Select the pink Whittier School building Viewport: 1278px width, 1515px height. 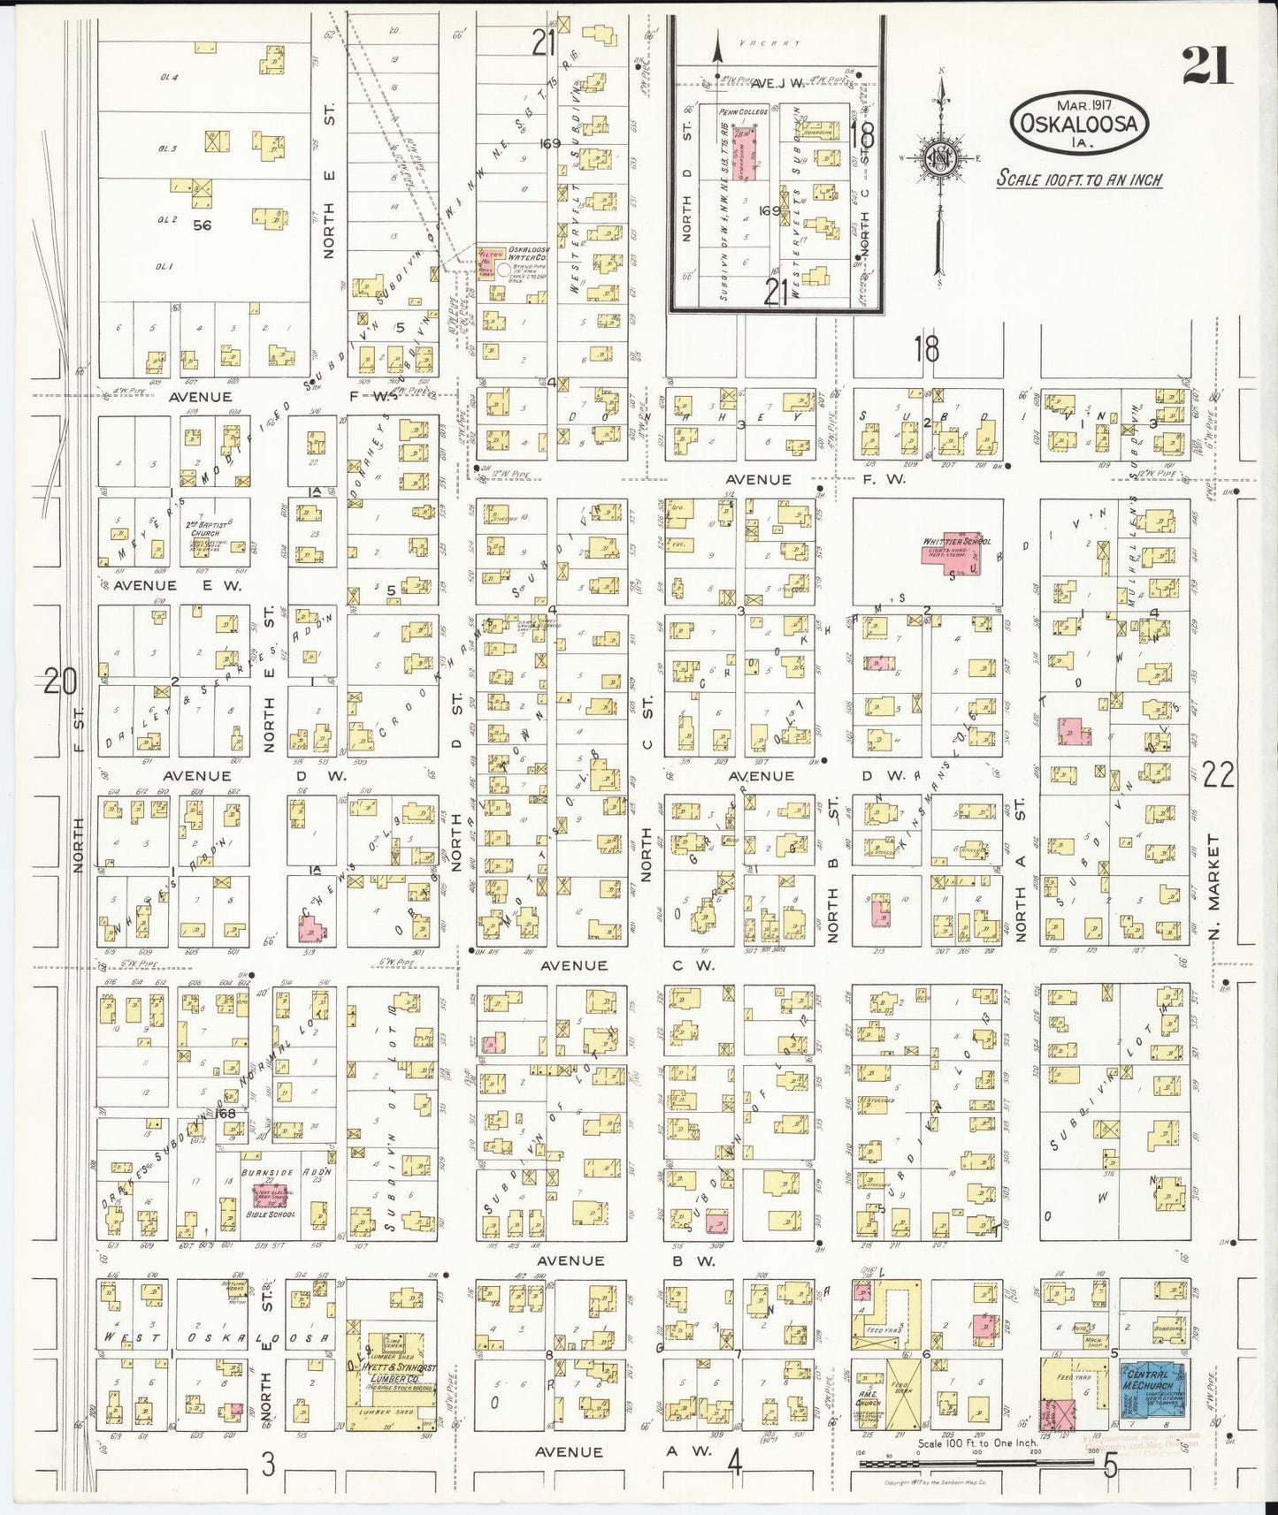pyautogui.click(x=960, y=549)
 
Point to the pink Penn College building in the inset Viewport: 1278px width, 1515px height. pyautogui.click(x=748, y=152)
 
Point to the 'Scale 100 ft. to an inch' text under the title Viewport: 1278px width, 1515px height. pyautogui.click(x=1079, y=179)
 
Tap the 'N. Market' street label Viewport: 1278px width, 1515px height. pyautogui.click(x=1215, y=888)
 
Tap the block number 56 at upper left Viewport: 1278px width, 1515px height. pyautogui.click(x=202, y=225)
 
